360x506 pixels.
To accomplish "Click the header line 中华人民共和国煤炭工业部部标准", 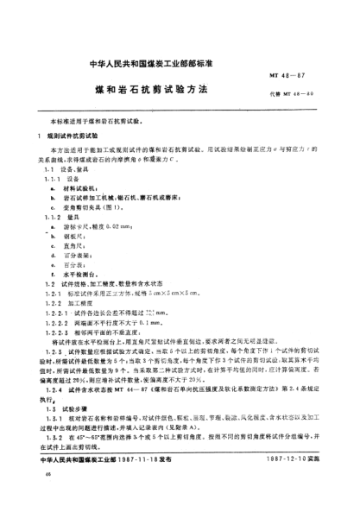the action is tap(180, 65).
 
